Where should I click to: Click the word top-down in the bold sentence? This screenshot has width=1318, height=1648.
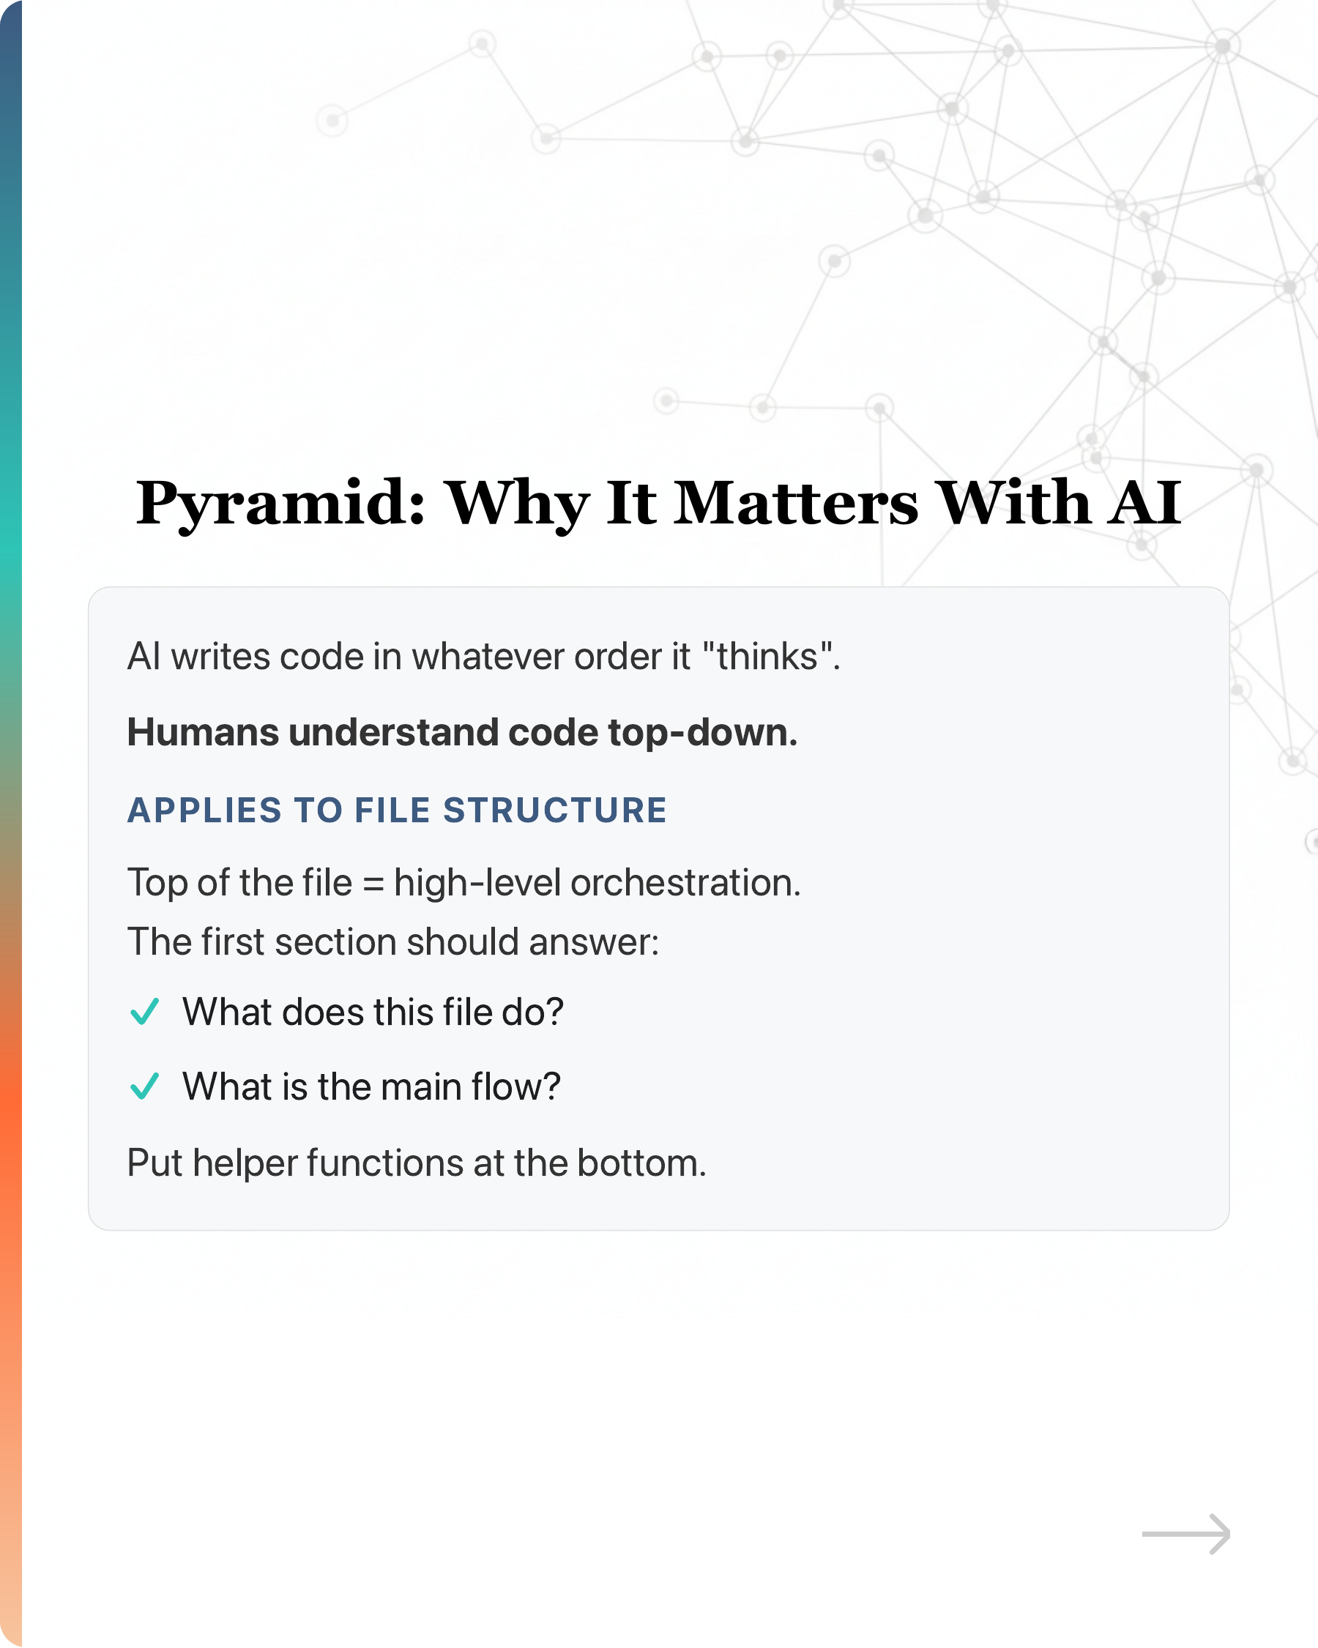(x=703, y=733)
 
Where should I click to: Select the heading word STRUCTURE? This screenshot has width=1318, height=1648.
(x=555, y=810)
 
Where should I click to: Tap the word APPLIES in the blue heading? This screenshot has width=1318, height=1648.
(x=205, y=810)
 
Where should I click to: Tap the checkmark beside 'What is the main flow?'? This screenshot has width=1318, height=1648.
(x=144, y=1086)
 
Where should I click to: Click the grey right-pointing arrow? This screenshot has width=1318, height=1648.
(x=1185, y=1534)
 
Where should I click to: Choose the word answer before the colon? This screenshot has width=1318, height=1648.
(x=594, y=942)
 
